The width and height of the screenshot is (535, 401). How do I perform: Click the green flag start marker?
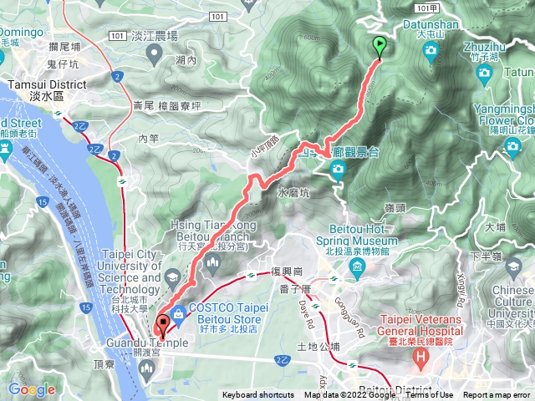coord(380,48)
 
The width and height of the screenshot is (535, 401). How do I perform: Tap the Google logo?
coord(31,389)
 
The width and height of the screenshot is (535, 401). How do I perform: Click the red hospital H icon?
coord(421,359)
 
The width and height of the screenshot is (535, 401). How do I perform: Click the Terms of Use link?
coord(430,395)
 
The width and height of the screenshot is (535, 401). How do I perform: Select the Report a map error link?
coord(497,395)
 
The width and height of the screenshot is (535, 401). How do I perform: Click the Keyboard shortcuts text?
coord(257,395)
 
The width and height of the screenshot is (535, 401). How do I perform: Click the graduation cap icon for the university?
coord(171,277)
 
